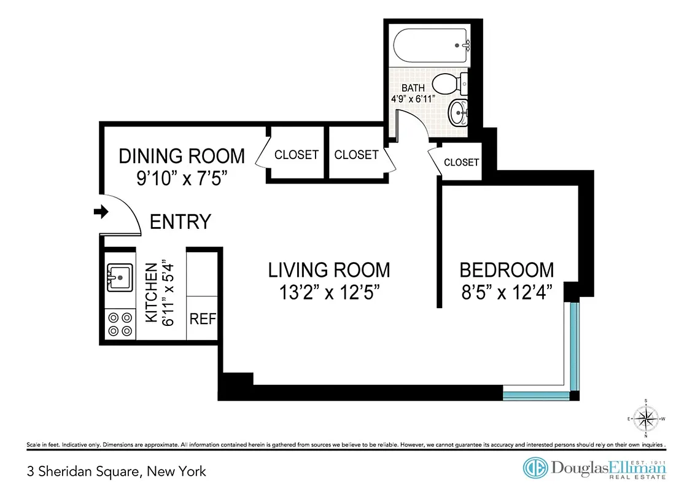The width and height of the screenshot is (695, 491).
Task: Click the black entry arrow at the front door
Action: pyautogui.click(x=99, y=212)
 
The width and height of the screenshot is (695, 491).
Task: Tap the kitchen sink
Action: pyautogui.click(x=120, y=277)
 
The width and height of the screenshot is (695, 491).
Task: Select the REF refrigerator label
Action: pyautogui.click(x=202, y=319)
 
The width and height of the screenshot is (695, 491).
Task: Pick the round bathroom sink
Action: pyautogui.click(x=457, y=112)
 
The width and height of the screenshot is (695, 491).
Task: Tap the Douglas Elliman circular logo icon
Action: pyautogui.click(x=535, y=468)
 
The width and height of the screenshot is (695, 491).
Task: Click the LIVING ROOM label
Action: pyautogui.click(x=328, y=269)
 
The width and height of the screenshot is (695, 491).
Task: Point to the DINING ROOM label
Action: pyautogui.click(x=182, y=156)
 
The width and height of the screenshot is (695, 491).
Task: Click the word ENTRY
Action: pyautogui.click(x=181, y=222)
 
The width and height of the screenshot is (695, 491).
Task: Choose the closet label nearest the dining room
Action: pyautogui.click(x=297, y=155)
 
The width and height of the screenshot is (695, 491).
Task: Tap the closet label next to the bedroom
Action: pyautogui.click(x=461, y=162)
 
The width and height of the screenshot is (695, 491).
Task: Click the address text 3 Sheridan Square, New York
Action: pyautogui.click(x=117, y=471)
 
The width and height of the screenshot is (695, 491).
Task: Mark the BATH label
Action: pyautogui.click(x=413, y=88)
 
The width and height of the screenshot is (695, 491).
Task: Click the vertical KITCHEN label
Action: pyautogui.click(x=151, y=293)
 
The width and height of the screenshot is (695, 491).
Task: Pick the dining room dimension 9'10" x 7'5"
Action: pyautogui.click(x=182, y=179)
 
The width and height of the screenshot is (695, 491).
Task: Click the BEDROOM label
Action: pyautogui.click(x=507, y=269)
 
